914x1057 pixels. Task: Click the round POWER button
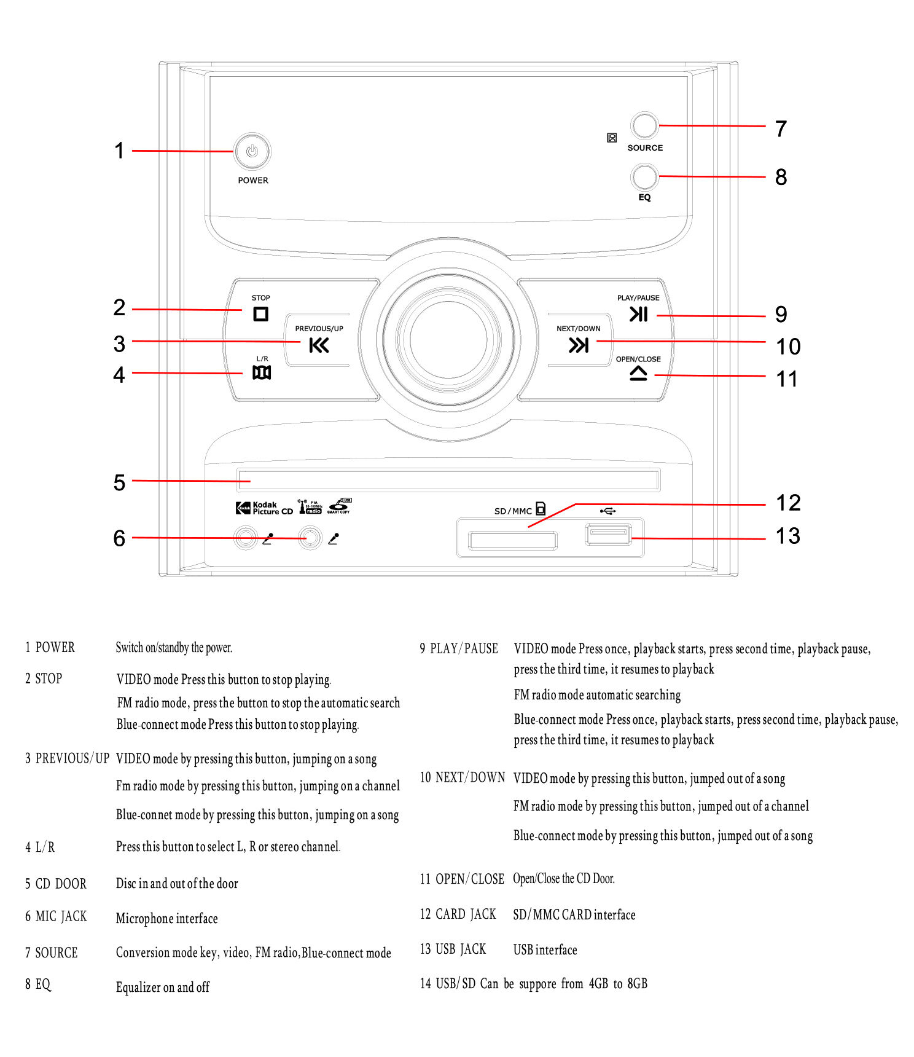pyautogui.click(x=252, y=151)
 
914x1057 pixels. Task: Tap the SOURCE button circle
pyautogui.click(x=644, y=125)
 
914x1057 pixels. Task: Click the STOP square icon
pyautogui.click(x=260, y=314)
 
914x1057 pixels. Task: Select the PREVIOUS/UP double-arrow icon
pyautogui.click(x=319, y=345)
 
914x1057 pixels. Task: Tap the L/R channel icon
pyautogui.click(x=262, y=372)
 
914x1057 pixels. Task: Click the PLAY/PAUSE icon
pyautogui.click(x=638, y=314)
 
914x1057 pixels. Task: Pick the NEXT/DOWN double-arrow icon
pyautogui.click(x=578, y=345)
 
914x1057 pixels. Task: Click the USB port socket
pyautogui.click(x=607, y=535)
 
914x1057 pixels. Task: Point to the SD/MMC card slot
pyautogui.click(x=512, y=541)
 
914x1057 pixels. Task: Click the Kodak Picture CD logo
pyautogui.click(x=265, y=508)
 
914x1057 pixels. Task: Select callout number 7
pyautogui.click(x=781, y=129)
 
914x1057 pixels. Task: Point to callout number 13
pyautogui.click(x=787, y=536)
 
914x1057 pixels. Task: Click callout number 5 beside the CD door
pyautogui.click(x=119, y=482)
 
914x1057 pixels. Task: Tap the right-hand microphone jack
pyautogui.click(x=310, y=538)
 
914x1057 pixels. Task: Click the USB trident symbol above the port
pyautogui.click(x=607, y=511)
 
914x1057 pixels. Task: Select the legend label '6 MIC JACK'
pyautogui.click(x=56, y=916)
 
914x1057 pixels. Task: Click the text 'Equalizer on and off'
pyautogui.click(x=163, y=987)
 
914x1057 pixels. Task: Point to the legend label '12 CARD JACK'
pyautogui.click(x=458, y=914)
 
